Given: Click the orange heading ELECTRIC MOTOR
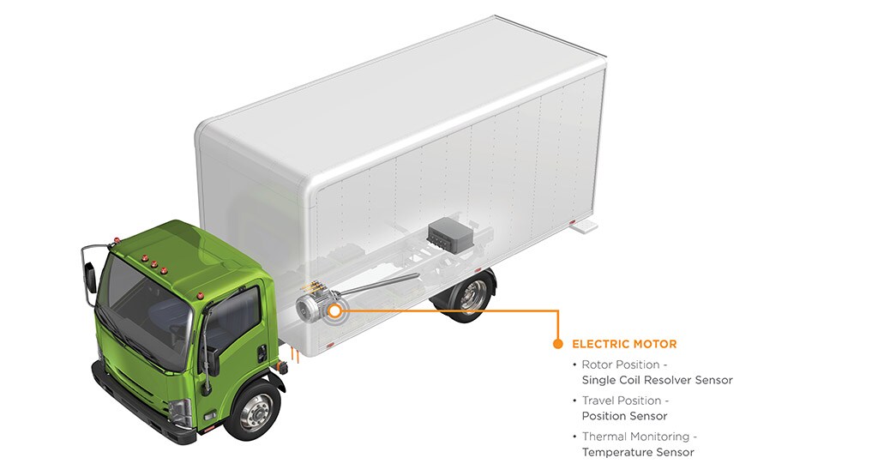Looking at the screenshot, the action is pyautogui.click(x=624, y=344).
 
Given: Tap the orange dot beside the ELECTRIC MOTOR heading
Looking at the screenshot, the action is pyautogui.click(x=557, y=344).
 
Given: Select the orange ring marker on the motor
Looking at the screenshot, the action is pyautogui.click(x=334, y=310).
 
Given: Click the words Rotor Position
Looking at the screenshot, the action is pyautogui.click(x=621, y=365).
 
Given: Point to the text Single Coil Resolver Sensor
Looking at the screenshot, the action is pyautogui.click(x=658, y=380).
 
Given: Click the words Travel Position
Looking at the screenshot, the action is pyautogui.click(x=622, y=401).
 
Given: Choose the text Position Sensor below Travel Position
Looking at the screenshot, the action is pyautogui.click(x=624, y=416).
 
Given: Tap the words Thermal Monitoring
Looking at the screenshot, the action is pyautogui.click(x=635, y=437).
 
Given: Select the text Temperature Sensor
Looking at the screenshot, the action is pyautogui.click(x=638, y=452).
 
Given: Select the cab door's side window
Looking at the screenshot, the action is pyautogui.click(x=232, y=319).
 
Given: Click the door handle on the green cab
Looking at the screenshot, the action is pyautogui.click(x=262, y=352).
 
